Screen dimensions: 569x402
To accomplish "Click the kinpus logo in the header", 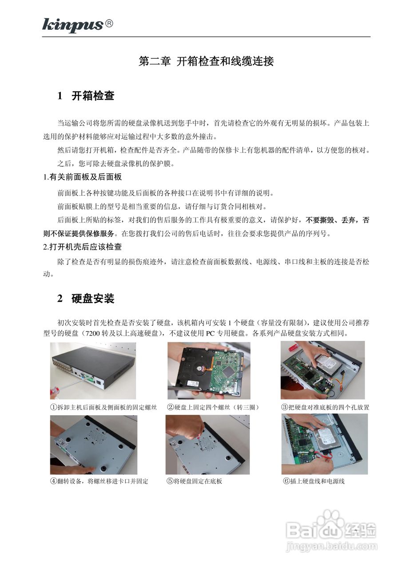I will coord(73,25).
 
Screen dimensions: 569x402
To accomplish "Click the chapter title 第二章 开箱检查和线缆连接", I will coord(206,62).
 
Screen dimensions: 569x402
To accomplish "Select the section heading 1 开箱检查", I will coord(86,96).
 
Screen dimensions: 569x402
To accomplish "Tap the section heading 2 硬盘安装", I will coord(86,299).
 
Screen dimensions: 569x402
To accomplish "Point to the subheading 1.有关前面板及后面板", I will coord(82,177).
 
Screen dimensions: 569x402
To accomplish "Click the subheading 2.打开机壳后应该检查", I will coord(82,246).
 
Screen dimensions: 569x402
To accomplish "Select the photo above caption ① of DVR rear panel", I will coord(93,370).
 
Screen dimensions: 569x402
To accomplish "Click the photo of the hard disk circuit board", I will coord(208,370).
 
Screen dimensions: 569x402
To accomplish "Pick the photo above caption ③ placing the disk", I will coord(322,370).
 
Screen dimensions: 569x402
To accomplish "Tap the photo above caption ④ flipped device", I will coord(93,445).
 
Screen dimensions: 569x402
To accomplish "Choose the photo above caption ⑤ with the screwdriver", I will coord(207,445).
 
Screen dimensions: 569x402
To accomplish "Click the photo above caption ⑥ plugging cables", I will coord(324,444).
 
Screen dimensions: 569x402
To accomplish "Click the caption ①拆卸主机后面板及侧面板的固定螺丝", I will coord(103,407).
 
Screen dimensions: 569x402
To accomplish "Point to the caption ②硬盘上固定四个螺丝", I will coord(213,407).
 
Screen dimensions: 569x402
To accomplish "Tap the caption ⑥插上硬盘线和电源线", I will coord(314,481).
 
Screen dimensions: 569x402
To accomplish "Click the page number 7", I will coord(356,532).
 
